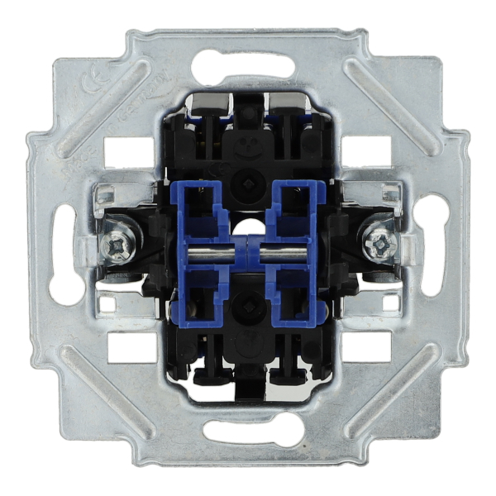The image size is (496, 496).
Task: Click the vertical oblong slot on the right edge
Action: (432, 248)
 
